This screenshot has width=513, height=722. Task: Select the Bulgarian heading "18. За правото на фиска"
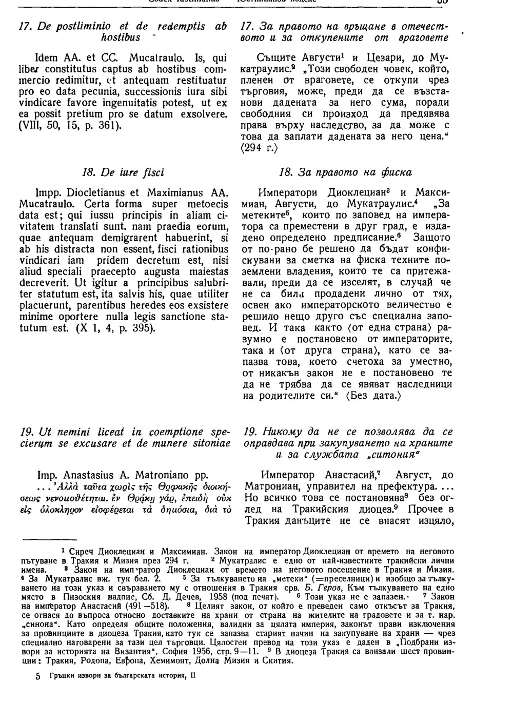(x=345, y=172)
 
